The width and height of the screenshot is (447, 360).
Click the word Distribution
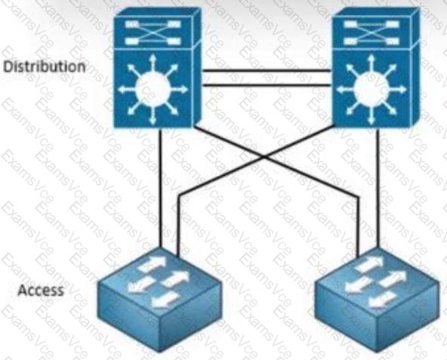[x=45, y=66]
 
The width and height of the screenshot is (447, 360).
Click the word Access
[x=41, y=290]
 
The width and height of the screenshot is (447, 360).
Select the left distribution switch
[x=158, y=68]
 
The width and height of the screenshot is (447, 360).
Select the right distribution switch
[x=376, y=68]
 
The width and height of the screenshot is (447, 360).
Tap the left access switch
[x=159, y=300]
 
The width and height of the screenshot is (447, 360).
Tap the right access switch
[x=378, y=300]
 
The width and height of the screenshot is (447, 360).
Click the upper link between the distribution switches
[x=267, y=70]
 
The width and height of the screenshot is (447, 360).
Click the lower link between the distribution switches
[x=267, y=85]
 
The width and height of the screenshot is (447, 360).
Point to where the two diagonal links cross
[x=264, y=156]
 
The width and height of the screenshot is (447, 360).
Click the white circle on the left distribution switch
[x=153, y=89]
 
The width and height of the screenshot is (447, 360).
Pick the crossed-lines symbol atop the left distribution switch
[x=153, y=32]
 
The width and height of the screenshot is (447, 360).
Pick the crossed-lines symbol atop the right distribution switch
[x=371, y=32]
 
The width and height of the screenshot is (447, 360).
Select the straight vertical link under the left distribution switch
[x=161, y=188]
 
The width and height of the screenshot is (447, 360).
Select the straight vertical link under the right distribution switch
[x=378, y=188]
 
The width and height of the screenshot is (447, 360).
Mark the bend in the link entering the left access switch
[x=179, y=195]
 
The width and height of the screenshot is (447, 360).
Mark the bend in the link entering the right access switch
[x=357, y=197]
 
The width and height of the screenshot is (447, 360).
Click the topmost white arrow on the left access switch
[x=152, y=263]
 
